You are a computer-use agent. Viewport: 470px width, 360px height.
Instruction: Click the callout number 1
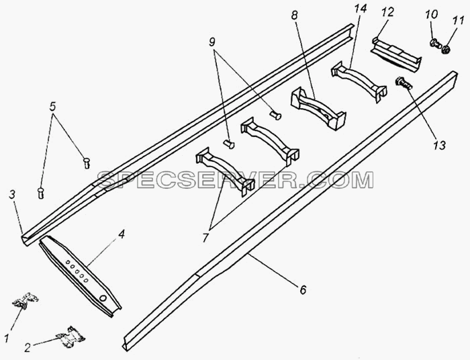tap(7, 338)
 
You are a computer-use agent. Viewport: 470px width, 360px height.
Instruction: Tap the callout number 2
tap(28, 348)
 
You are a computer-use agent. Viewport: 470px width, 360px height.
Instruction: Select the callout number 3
tap(12, 195)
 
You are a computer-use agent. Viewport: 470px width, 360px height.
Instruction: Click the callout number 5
tap(52, 106)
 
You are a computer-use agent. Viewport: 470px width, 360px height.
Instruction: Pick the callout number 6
tap(303, 289)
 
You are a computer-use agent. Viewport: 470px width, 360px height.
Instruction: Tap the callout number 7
tap(205, 238)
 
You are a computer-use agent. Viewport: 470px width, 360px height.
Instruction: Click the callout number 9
tap(212, 42)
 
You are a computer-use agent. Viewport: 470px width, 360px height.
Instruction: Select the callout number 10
tap(431, 14)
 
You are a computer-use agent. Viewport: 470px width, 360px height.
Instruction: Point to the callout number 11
tap(459, 21)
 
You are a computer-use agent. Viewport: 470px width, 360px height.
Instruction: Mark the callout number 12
tap(387, 12)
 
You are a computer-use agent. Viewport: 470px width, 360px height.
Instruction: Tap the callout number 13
tap(439, 145)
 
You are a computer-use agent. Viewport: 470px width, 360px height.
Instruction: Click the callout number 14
tap(360, 9)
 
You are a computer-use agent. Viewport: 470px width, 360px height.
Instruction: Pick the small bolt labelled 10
tap(435, 44)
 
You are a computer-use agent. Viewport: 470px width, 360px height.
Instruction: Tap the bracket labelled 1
tap(26, 300)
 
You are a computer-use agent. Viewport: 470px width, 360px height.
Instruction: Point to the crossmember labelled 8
tap(318, 107)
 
